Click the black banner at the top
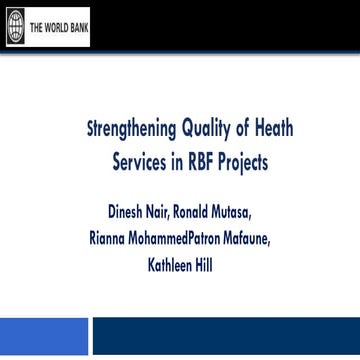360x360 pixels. pos(200,26)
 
